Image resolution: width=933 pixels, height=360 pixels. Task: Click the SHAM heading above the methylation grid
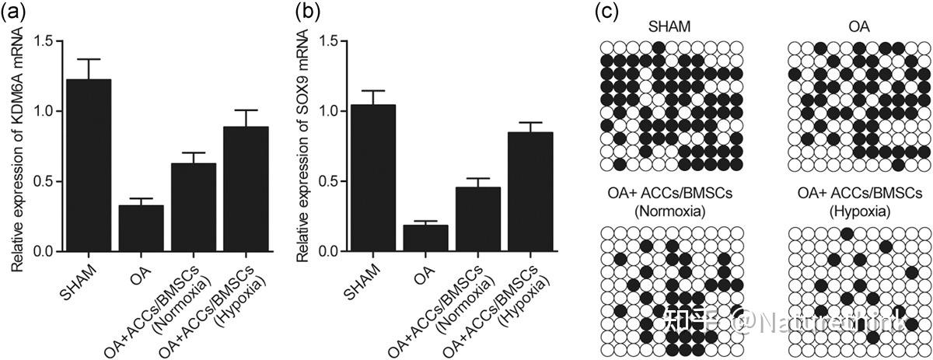[672, 26]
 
